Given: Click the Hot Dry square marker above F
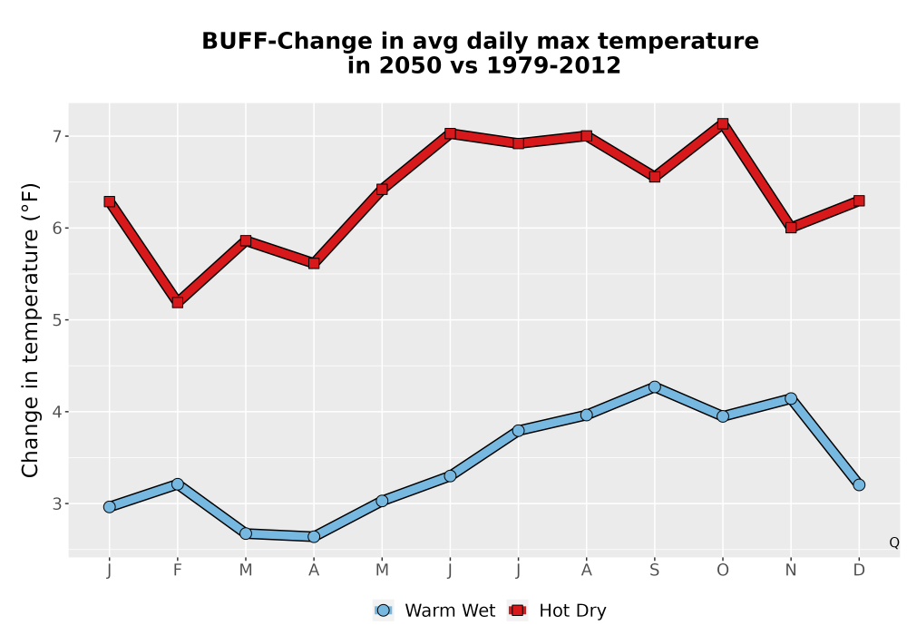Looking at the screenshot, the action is pyautogui.click(x=178, y=302).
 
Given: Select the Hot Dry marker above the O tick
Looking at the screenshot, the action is pyautogui.click(x=723, y=123).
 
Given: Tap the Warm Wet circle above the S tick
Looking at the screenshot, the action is pyautogui.click(x=654, y=387).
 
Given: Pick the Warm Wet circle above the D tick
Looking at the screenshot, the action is pyautogui.click(x=859, y=484).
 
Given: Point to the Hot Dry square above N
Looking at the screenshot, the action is pyautogui.click(x=791, y=228).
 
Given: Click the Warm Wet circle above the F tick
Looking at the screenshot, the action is pyautogui.click(x=178, y=484).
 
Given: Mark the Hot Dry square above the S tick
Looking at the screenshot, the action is pyautogui.click(x=654, y=176).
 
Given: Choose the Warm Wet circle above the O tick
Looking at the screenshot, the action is pyautogui.click(x=723, y=415).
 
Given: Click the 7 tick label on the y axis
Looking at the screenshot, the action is pyautogui.click(x=56, y=136).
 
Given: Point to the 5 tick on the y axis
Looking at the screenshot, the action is pyautogui.click(x=56, y=320).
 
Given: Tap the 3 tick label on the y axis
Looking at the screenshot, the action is pyautogui.click(x=56, y=503).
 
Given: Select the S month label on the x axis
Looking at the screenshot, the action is pyautogui.click(x=654, y=571).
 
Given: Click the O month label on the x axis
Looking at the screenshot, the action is pyautogui.click(x=723, y=571).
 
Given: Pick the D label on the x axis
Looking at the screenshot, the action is pyautogui.click(x=859, y=571).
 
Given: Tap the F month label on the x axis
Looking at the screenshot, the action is pyautogui.click(x=178, y=571).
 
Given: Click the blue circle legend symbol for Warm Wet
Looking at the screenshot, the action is pyautogui.click(x=383, y=611).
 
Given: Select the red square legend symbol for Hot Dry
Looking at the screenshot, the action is pyautogui.click(x=517, y=611).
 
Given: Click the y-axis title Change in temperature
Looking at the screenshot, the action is pyautogui.click(x=30, y=330).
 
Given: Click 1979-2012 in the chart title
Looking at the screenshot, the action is pyautogui.click(x=553, y=65).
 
